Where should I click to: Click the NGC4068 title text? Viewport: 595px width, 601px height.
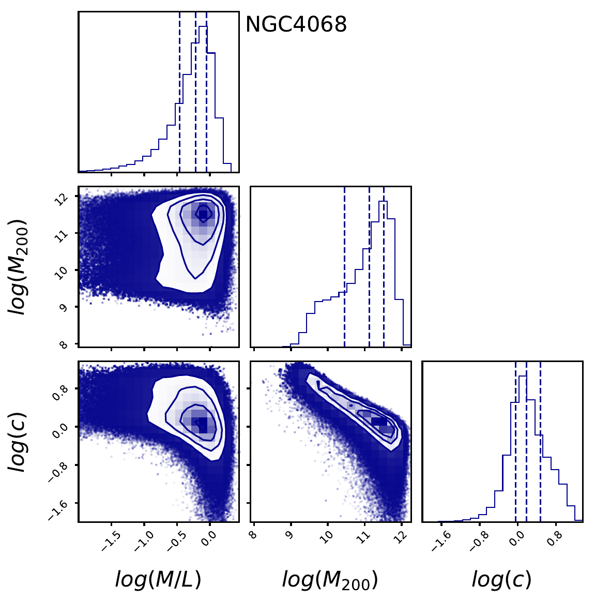tap(296, 24)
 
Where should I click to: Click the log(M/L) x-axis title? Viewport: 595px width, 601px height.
tap(158, 580)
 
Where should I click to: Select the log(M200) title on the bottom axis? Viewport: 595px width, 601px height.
tap(330, 580)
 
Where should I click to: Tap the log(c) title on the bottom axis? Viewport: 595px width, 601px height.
tap(501, 580)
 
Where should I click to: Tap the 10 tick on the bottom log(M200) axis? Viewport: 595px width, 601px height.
tap(327, 538)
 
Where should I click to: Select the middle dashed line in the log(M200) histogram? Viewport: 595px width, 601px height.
tap(369, 266)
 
